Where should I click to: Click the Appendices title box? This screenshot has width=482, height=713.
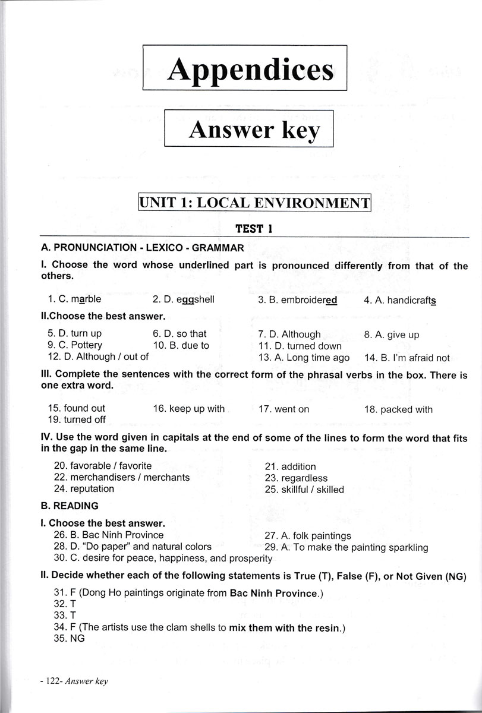click(245, 70)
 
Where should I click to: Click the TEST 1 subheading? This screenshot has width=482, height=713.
click(254, 228)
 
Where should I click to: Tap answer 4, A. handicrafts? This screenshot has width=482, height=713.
click(400, 300)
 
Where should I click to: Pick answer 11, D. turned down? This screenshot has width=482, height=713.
click(300, 346)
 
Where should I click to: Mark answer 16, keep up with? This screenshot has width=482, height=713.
click(188, 409)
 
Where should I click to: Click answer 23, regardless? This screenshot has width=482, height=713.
click(296, 478)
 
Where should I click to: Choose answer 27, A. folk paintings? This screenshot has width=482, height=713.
click(308, 535)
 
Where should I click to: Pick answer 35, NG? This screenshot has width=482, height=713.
click(69, 638)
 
